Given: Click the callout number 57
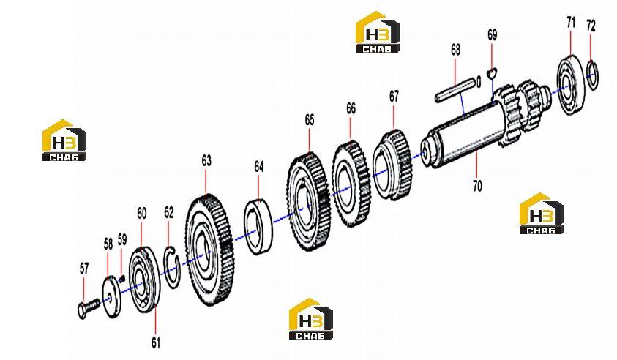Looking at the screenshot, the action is (x=84, y=269).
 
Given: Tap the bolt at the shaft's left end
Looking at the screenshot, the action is (x=89, y=307).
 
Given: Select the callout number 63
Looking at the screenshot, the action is (x=206, y=160).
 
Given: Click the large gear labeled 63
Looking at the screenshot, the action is (x=209, y=251).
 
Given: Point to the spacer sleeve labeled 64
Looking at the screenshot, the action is (x=258, y=227).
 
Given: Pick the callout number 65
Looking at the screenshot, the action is (x=310, y=119).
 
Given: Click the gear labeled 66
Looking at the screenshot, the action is (x=351, y=184).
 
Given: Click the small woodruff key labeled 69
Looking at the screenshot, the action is (x=491, y=72).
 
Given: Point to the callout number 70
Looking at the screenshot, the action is (x=477, y=185).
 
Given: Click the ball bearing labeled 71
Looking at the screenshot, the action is (x=572, y=86).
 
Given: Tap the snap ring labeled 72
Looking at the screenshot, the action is (x=593, y=75).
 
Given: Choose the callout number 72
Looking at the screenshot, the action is (x=591, y=26).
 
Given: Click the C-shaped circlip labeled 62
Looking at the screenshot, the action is (x=171, y=267).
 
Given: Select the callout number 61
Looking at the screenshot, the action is (x=156, y=342).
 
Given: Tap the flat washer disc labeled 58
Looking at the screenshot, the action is (x=111, y=296).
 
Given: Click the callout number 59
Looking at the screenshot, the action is (x=122, y=239).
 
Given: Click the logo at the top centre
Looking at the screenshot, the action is (x=378, y=32).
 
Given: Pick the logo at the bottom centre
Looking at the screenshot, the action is (x=311, y=319).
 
